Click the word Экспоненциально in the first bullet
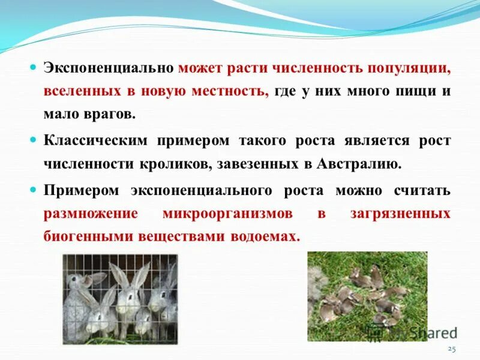(108, 68)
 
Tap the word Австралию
(359, 164)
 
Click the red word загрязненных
(401, 214)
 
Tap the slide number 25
(452, 349)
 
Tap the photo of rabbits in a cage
(120, 299)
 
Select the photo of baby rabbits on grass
(367, 296)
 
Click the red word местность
(227, 91)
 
